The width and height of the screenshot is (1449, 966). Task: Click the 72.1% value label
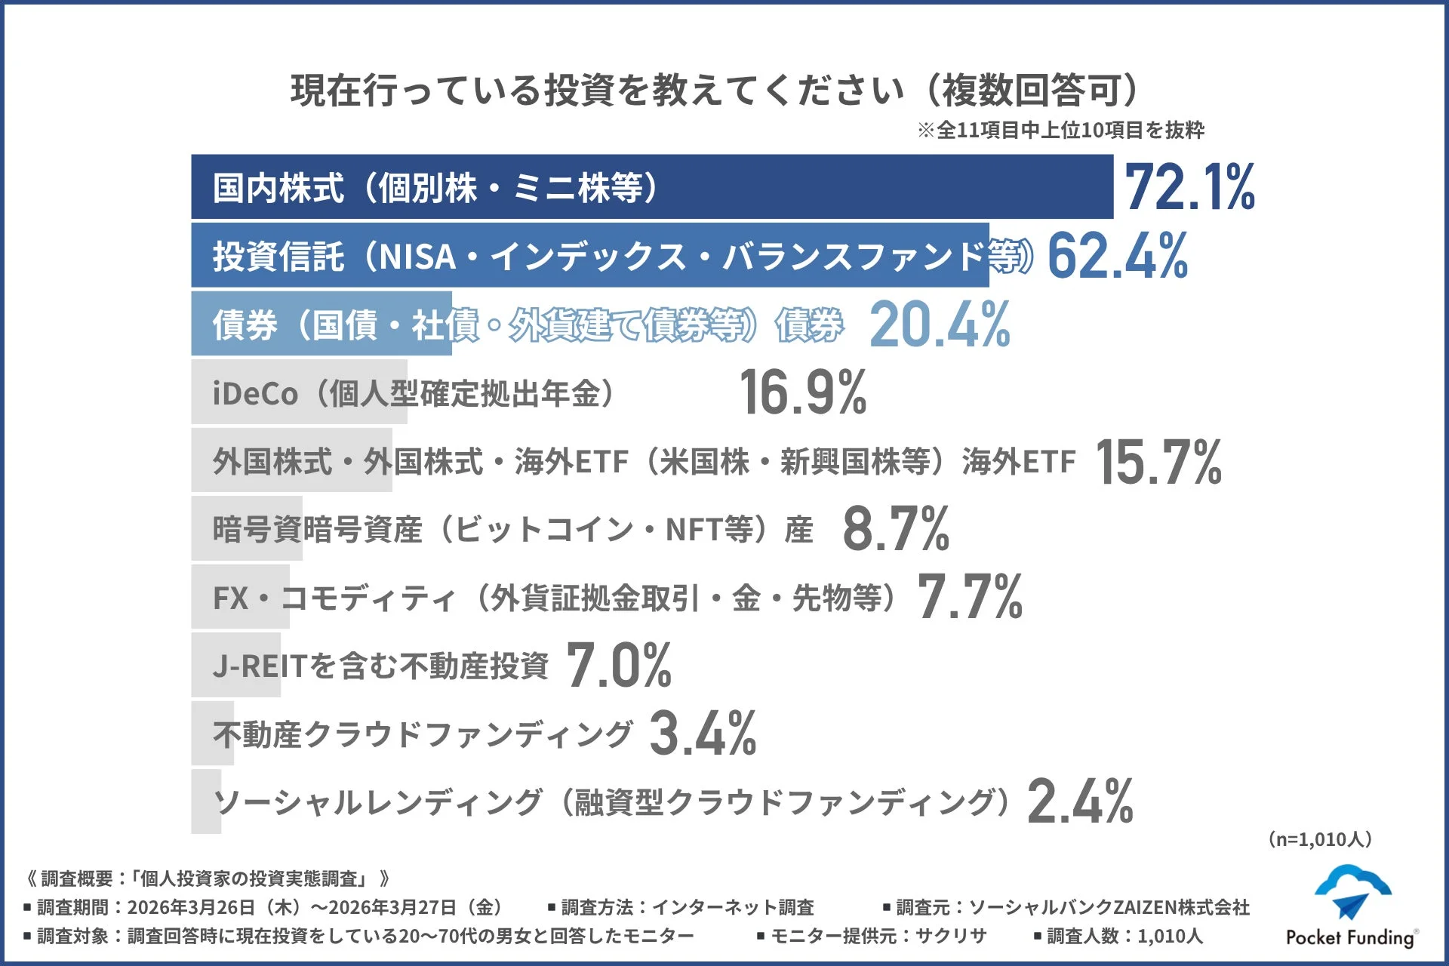coord(1189,187)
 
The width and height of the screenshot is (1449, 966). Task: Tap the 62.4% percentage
coord(1117,256)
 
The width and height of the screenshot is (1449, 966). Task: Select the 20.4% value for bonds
coord(940,325)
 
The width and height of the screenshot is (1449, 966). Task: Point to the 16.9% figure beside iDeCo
coord(803,392)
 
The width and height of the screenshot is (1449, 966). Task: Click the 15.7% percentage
coord(1158,461)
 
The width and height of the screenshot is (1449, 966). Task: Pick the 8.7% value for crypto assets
coord(896,529)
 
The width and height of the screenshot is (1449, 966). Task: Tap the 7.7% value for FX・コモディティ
coord(970,597)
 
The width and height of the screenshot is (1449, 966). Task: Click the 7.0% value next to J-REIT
coord(619,666)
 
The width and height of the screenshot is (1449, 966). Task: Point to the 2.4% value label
coord(1080,801)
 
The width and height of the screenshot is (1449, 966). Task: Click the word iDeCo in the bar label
coord(255,394)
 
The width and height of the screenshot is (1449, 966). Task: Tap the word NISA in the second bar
coord(417,257)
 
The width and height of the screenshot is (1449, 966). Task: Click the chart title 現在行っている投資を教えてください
coord(596,91)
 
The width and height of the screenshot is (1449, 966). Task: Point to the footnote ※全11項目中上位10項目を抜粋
coord(1060,131)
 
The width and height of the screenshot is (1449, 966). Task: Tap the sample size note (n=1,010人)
coord(1320,839)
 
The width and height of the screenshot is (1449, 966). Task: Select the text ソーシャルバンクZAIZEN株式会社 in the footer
coord(1109,907)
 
